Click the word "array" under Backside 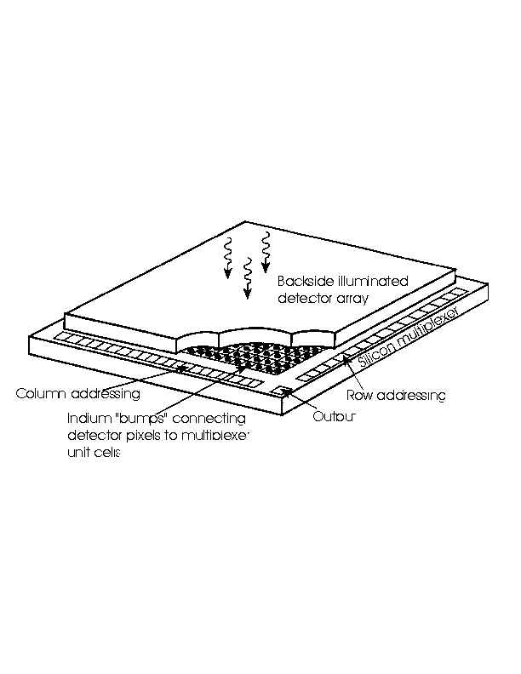tap(352, 299)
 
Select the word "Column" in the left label tap(41, 393)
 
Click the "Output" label tap(334, 416)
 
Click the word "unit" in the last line tap(79, 452)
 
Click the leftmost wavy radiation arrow tap(228, 258)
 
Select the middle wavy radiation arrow tap(247, 278)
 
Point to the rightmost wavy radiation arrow tap(266, 252)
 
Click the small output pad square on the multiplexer tap(283, 391)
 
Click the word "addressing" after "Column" tap(106, 394)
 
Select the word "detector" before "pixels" tap(94, 436)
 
